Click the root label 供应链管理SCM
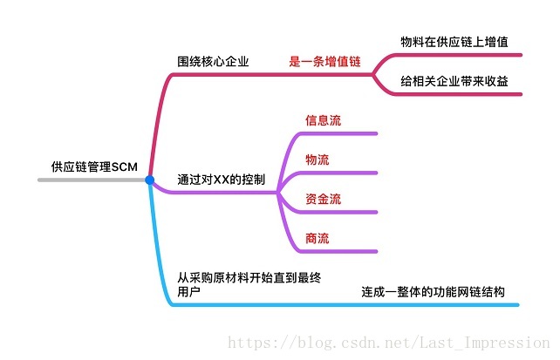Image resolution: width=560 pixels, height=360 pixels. point(94,166)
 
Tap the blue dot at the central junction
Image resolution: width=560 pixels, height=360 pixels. point(149,180)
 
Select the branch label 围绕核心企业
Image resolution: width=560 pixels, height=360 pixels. point(213,62)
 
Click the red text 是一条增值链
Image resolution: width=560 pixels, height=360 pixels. point(325,62)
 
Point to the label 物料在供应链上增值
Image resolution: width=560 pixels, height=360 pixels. point(454,42)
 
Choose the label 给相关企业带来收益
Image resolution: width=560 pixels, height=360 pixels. point(454,81)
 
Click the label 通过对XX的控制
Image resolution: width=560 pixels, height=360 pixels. point(222,180)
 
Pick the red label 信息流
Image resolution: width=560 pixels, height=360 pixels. point(323,119)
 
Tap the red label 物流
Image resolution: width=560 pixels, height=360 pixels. point(318,160)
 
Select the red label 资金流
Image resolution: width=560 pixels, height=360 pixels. point(323,200)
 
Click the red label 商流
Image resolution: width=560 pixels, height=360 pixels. point(318,239)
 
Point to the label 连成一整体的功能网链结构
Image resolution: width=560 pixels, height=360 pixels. point(433,292)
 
